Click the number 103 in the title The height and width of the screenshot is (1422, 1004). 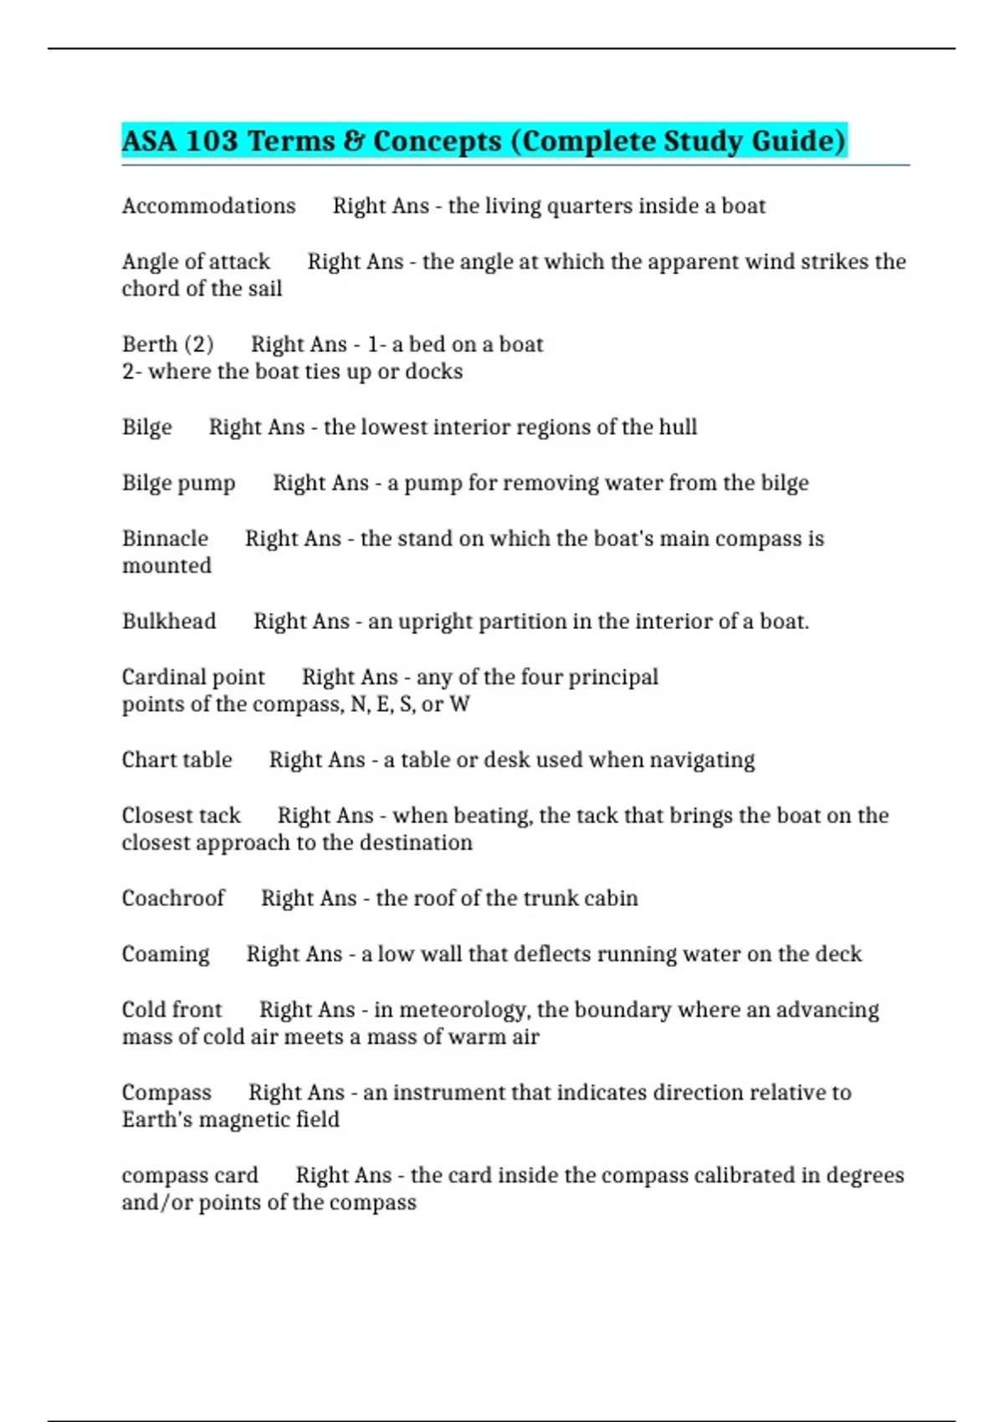pyautogui.click(x=212, y=141)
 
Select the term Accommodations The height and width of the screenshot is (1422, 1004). pyautogui.click(x=208, y=206)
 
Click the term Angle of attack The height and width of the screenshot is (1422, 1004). pyautogui.click(x=196, y=262)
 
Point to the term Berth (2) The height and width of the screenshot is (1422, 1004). pyautogui.click(x=167, y=345)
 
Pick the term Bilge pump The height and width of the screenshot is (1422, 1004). pyautogui.click(x=178, y=483)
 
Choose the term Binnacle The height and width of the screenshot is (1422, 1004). pyautogui.click(x=165, y=539)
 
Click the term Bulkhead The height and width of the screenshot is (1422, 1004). pyautogui.click(x=169, y=621)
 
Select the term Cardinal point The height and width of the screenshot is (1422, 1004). pyautogui.click(x=193, y=677)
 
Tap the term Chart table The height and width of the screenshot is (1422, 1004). pyautogui.click(x=177, y=760)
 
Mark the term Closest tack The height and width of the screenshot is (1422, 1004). pyautogui.click(x=181, y=816)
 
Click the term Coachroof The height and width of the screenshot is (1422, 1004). pyautogui.click(x=173, y=898)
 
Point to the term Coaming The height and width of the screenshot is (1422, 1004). pyautogui.click(x=166, y=954)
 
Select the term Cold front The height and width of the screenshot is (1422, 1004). pyautogui.click(x=172, y=1010)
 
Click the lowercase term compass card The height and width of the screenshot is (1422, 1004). pyautogui.click(x=190, y=1175)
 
